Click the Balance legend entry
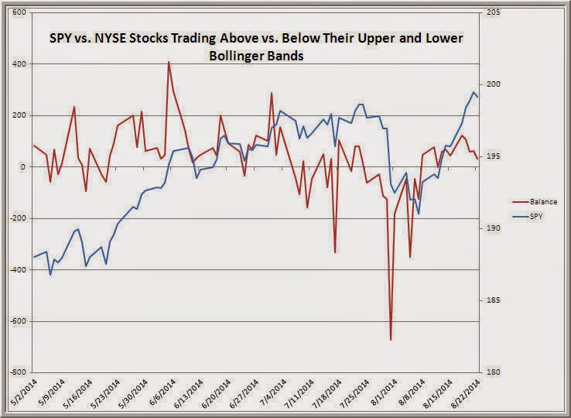[540, 201]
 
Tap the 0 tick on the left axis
[23, 167]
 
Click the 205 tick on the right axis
[493, 13]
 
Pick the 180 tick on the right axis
[493, 372]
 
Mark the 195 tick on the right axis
[493, 157]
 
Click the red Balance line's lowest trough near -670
[391, 339]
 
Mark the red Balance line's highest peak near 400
[169, 63]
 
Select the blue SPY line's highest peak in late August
[473, 93]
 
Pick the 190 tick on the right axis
[493, 228]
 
